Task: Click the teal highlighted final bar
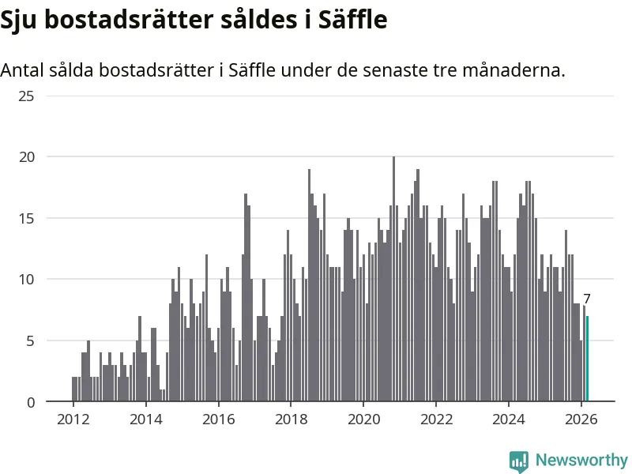tap(587, 359)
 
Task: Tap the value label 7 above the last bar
tap(587, 299)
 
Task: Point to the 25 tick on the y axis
tap(27, 96)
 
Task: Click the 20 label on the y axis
tap(27, 157)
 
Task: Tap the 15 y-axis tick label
tap(27, 219)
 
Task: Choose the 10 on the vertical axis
tap(27, 280)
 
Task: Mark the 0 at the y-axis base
tap(32, 402)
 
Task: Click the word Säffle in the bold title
tap(352, 21)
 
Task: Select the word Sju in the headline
tap(20, 21)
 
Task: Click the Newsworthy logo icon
tap(519, 461)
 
